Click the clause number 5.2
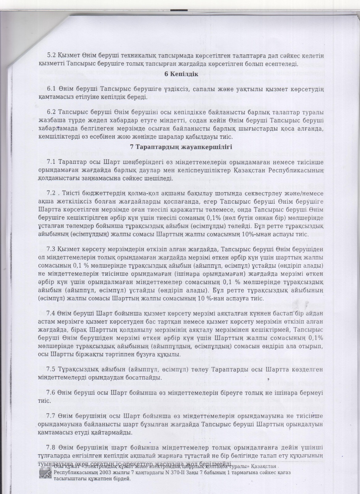(50, 56)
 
